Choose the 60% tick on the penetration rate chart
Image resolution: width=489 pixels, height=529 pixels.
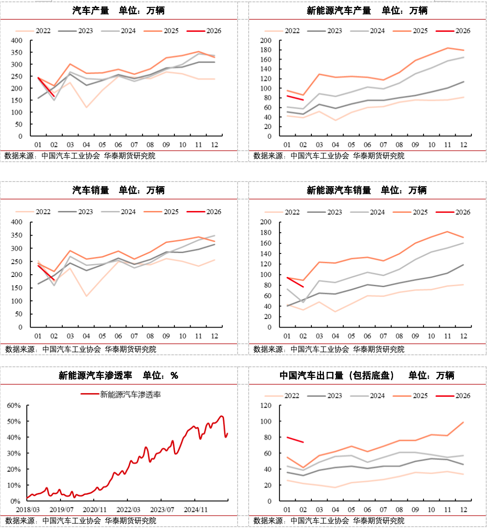pos(14,406)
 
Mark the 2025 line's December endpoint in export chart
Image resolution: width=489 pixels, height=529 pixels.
pos(463,422)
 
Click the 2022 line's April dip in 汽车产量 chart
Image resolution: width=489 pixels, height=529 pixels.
pos(86,107)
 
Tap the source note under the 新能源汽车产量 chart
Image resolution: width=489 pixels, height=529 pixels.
pos(328,156)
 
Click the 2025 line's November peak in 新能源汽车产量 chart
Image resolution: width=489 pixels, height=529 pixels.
pos(447,48)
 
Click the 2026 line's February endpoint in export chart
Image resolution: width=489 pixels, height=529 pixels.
pos(303,442)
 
